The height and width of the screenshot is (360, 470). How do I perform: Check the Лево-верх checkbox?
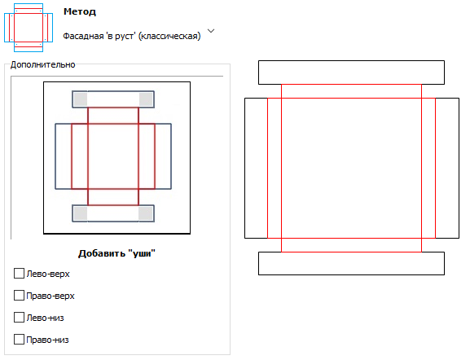(19, 274)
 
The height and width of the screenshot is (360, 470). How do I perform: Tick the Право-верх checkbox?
(19, 296)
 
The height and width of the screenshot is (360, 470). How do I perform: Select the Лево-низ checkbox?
(19, 317)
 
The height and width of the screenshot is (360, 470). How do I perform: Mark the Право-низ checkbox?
(19, 340)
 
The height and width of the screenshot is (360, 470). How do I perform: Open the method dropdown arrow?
(211, 31)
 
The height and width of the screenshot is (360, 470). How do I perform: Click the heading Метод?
(80, 11)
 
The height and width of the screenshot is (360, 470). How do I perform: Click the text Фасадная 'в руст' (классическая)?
(132, 37)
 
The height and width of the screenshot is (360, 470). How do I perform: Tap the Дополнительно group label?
(43, 64)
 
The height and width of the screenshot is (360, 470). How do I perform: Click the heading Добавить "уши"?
(116, 253)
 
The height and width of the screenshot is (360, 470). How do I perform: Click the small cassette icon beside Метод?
(29, 28)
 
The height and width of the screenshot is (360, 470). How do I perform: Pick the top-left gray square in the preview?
(81, 99)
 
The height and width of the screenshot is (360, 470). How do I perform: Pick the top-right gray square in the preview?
(146, 99)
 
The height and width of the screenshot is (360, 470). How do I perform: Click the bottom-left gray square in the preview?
(81, 213)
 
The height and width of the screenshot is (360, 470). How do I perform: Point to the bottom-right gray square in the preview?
(145, 213)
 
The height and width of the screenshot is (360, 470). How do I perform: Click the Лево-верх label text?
(48, 274)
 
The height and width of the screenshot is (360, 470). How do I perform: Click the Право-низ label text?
(47, 340)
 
